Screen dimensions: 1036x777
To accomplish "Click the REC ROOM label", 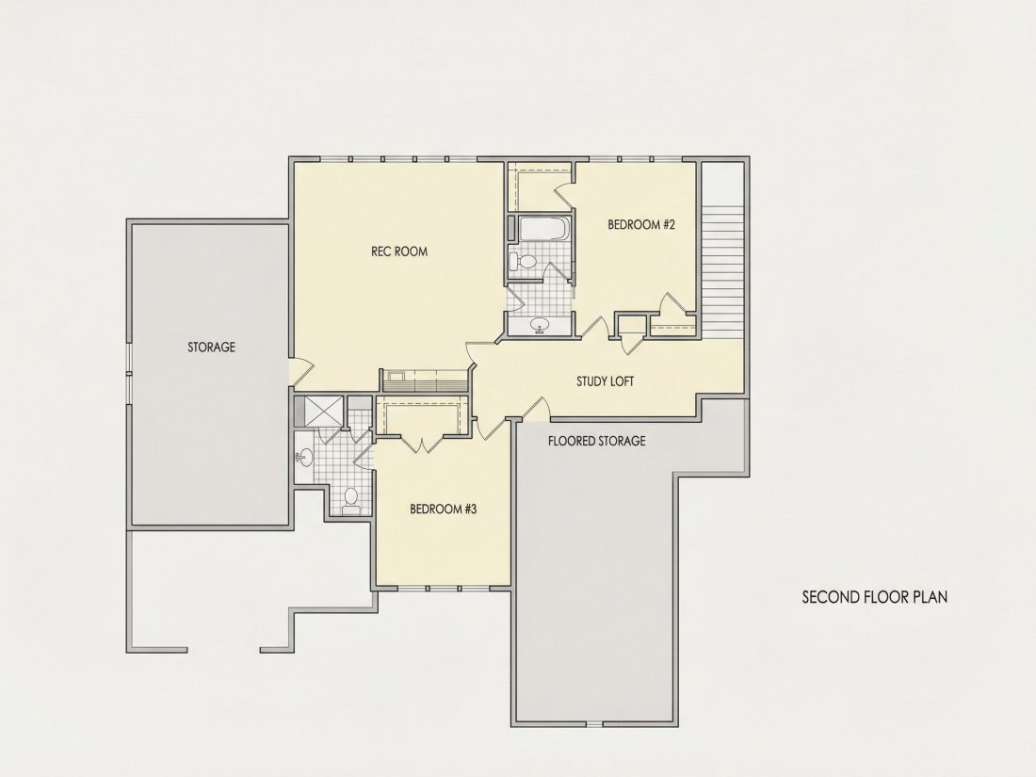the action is tap(399, 251).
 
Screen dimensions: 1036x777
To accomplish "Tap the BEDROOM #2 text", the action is tap(640, 225).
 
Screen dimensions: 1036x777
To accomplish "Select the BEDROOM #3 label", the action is tap(444, 510).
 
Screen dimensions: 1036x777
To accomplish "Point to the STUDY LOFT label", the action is tap(606, 381).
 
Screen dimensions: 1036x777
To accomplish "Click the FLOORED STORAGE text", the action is tap(596, 441).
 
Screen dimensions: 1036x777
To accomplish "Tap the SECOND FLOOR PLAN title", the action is tap(875, 597).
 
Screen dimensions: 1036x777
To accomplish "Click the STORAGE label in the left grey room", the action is tap(211, 347).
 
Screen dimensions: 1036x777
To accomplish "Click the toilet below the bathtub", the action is tap(525, 260).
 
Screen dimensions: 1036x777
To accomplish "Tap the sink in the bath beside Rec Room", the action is tap(540, 326).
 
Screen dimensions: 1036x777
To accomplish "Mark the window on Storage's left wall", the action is tap(130, 372).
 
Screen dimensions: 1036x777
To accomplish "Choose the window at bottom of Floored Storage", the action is tap(594, 724).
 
